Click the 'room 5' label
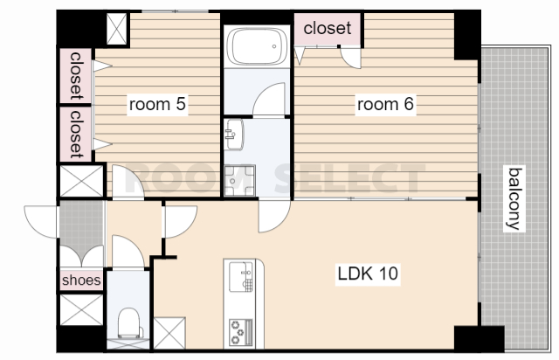pos(157,104)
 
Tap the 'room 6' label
pos(385,104)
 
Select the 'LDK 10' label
pos(368,273)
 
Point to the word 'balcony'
pos(514,199)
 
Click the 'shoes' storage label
pos(81,280)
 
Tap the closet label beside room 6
pos(328,28)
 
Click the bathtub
pos(257,46)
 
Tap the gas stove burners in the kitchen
pos(241,332)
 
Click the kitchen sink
pos(241,277)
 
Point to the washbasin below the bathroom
pos(234,135)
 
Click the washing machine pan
pos(239,181)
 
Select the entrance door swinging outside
pos(41,222)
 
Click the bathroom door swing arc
pos(269,99)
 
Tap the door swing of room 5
pos(128,181)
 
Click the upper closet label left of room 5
pos(76,76)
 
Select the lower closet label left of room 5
pos(76,135)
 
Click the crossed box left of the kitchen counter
pos(169,333)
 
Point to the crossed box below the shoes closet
pos(81,309)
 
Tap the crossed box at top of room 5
pos(117,29)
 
